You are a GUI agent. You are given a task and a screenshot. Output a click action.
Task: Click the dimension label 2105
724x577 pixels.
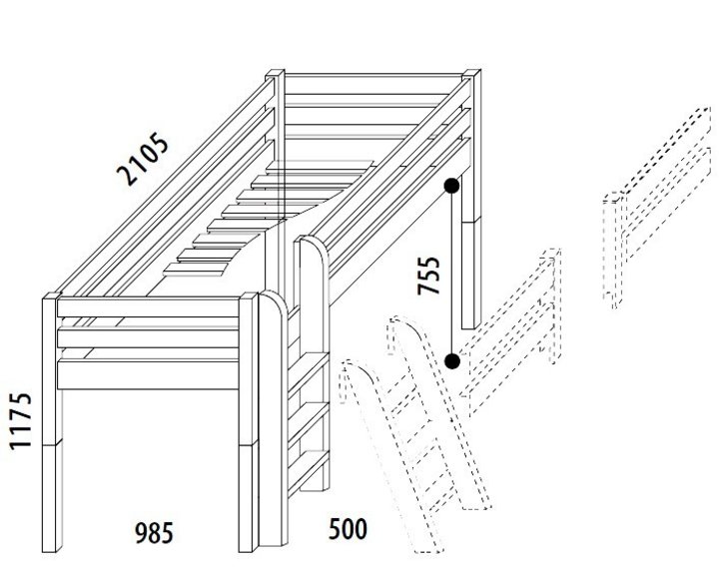click(x=143, y=159)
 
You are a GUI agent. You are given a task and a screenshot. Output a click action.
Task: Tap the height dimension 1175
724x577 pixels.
click(x=21, y=421)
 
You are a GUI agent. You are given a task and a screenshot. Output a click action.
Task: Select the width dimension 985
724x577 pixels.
click(x=154, y=533)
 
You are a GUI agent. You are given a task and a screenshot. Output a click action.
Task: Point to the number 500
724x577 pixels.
click(x=349, y=529)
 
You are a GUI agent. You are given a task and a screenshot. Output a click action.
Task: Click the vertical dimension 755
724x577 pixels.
click(x=428, y=276)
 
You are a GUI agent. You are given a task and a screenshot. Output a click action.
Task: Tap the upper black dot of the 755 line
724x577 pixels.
click(x=451, y=186)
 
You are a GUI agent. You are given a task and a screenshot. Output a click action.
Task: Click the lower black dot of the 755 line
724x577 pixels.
click(x=452, y=360)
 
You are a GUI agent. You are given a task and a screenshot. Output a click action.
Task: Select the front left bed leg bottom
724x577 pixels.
click(x=52, y=547)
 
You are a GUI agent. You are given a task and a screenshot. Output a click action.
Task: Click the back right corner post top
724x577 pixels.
click(x=471, y=74)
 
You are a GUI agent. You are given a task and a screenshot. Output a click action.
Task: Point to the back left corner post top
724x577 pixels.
click(x=276, y=74)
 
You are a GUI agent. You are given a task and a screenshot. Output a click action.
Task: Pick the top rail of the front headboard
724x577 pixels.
click(x=148, y=307)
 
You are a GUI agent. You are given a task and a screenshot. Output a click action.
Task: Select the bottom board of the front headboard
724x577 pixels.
click(x=148, y=374)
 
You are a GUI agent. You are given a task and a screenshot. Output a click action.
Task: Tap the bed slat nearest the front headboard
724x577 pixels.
click(x=197, y=270)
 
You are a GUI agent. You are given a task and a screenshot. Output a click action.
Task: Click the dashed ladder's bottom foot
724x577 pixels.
click(x=428, y=547)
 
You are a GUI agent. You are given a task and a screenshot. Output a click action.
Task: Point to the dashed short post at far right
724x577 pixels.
click(x=614, y=251)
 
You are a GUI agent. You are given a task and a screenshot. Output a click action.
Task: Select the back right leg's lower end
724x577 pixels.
click(x=471, y=322)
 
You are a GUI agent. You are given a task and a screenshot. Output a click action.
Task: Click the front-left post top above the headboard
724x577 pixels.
click(x=51, y=296)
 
